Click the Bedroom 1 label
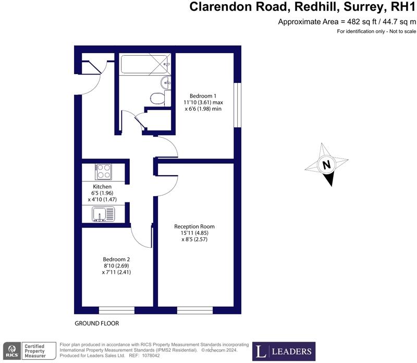[x=203, y=96]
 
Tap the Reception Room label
[x=194, y=226]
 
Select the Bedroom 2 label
[x=116, y=259]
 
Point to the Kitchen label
[x=102, y=186]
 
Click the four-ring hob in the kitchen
[x=103, y=171]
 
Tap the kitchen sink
[x=103, y=213]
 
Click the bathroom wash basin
[x=165, y=81]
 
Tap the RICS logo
[x=11, y=350]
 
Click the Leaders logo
[x=284, y=351]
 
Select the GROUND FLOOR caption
[x=96, y=323]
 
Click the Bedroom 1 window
[x=237, y=104]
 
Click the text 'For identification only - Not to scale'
[x=376, y=32]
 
